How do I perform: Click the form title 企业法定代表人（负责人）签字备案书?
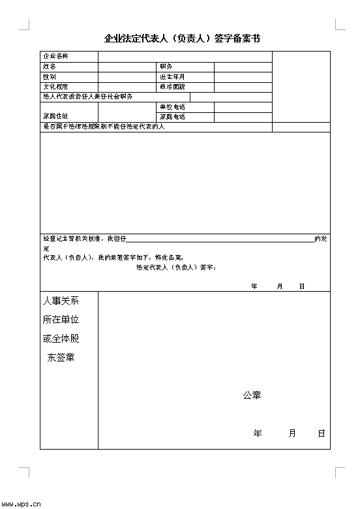pyautogui.click(x=182, y=39)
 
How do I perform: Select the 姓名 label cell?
pyautogui.click(x=50, y=67)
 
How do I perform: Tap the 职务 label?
pyautogui.click(x=166, y=67)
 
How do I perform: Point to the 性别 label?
pyautogui.click(x=50, y=76)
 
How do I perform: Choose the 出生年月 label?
pyautogui.click(x=172, y=76)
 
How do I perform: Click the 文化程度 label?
pyautogui.click(x=55, y=86)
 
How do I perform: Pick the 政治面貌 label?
pyautogui.click(x=172, y=86)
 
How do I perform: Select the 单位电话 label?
pyautogui.click(x=172, y=106)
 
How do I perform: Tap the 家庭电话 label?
pyautogui.click(x=172, y=117)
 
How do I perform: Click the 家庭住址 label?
pyautogui.click(x=55, y=116)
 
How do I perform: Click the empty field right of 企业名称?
pyautogui.click(x=185, y=57)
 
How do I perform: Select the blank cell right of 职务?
pyautogui.click(x=243, y=67)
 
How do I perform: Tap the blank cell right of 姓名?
pyautogui.click(x=127, y=67)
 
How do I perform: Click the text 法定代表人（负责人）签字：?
pyautogui.click(x=176, y=268)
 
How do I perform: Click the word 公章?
pyautogui.click(x=252, y=395)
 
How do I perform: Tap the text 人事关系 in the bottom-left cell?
pyautogui.click(x=61, y=301)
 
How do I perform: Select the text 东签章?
pyautogui.click(x=61, y=358)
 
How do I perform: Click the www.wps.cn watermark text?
pyautogui.click(x=22, y=504)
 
